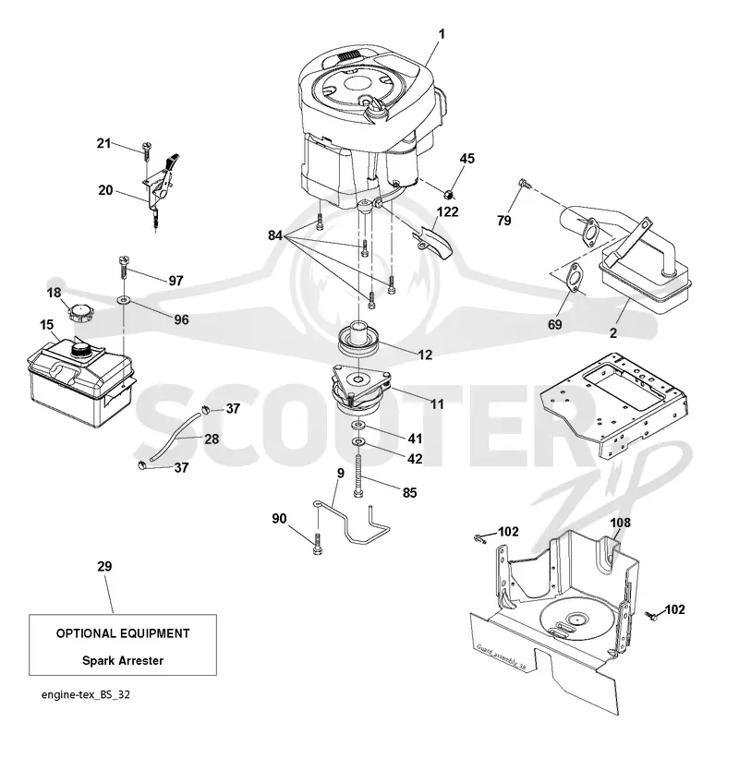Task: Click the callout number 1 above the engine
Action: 441,34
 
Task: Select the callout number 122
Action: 447,211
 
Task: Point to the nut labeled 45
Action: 449,195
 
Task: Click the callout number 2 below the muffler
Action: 613,333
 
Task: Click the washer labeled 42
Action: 358,442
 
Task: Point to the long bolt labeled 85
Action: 358,476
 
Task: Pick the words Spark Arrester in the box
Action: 123,660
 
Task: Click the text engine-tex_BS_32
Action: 86,694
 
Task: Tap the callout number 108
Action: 620,523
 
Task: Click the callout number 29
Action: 104,566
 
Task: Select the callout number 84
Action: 275,235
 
